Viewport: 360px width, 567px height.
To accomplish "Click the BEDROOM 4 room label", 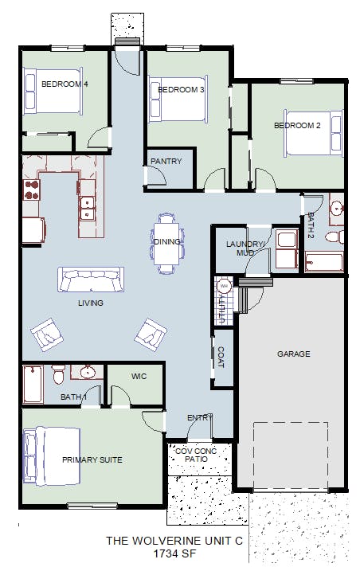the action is click(65, 84).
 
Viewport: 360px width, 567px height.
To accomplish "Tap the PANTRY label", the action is click(166, 162).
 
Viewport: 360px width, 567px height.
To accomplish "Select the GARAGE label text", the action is click(293, 354).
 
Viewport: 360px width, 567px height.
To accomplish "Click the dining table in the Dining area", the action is click(166, 244).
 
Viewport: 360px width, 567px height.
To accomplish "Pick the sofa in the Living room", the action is click(91, 280).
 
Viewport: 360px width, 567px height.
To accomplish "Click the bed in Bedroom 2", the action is click(313, 134).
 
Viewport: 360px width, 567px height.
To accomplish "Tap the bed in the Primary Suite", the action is click(52, 456).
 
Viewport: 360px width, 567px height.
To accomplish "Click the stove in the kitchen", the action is click(31, 190).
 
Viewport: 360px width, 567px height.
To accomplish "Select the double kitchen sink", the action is click(87, 209).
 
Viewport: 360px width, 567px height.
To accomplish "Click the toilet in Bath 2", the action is click(335, 237).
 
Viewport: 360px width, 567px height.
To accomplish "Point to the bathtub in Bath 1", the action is click(33, 384).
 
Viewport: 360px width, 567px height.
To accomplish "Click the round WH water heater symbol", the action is click(224, 287).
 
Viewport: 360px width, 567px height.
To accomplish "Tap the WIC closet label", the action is click(139, 377).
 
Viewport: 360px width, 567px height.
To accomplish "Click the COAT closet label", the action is click(221, 358).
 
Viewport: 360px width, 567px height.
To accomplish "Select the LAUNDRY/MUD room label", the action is click(245, 248).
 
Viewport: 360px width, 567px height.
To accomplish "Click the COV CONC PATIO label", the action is click(196, 455).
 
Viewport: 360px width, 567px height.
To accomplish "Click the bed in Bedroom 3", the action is click(178, 99).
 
